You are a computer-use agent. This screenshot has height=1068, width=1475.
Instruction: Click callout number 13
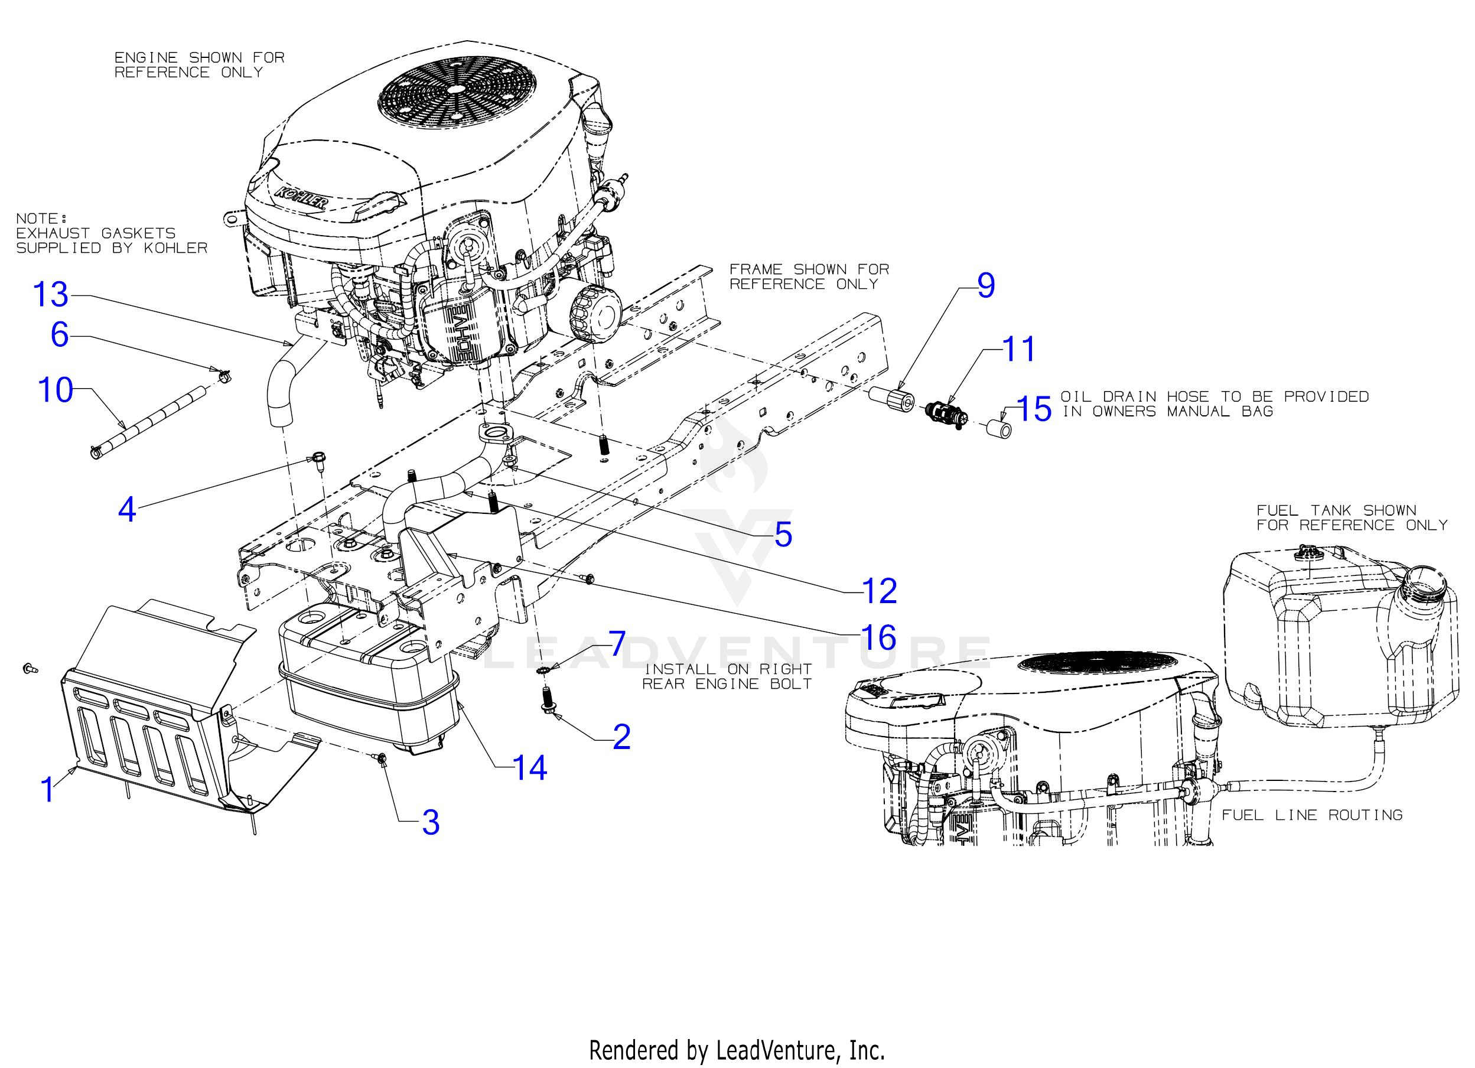click(x=51, y=294)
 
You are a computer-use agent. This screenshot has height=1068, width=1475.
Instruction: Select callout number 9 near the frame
click(x=986, y=286)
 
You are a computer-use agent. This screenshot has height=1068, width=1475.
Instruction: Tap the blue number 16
click(x=878, y=637)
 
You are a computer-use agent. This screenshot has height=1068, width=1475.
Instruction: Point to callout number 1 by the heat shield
click(x=47, y=790)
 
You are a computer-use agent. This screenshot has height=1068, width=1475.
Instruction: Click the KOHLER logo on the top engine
click(x=301, y=197)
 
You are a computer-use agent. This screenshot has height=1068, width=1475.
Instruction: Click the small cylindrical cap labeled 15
click(x=999, y=430)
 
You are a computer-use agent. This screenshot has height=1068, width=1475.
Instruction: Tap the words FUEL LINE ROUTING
click(x=1312, y=815)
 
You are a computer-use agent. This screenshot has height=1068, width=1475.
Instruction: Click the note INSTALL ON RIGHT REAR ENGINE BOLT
click(x=727, y=676)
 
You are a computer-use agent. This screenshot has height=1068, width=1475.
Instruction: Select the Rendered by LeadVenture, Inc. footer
click(x=737, y=1050)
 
